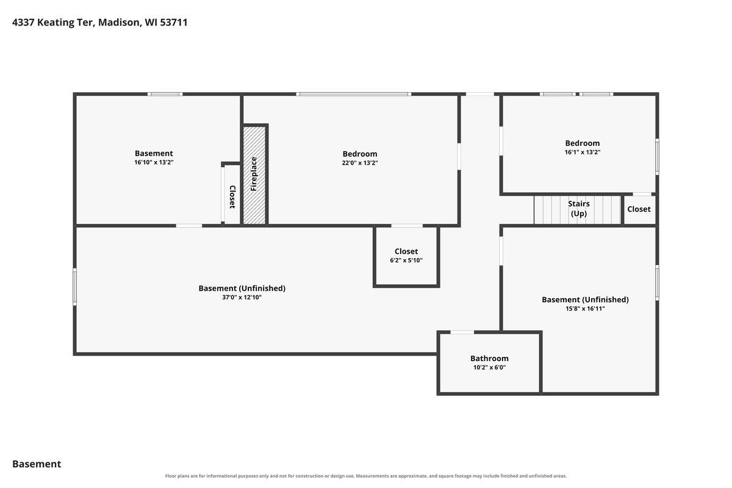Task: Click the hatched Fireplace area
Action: tap(254, 175)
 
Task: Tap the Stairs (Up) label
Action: tap(578, 209)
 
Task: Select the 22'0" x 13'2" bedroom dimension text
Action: tap(360, 163)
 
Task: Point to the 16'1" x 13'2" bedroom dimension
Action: tap(583, 152)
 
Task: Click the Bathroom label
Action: tap(489, 358)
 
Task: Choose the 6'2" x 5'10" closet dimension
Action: tap(406, 260)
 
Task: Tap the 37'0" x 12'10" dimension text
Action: tap(242, 297)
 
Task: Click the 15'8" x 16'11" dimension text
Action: tap(585, 309)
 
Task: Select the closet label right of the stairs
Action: tap(639, 209)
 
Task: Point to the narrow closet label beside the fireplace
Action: tap(232, 197)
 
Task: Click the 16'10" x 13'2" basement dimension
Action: tap(154, 162)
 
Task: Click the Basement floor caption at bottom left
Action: tap(37, 464)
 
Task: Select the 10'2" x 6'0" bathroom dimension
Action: tap(489, 367)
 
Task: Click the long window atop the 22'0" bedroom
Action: tap(354, 94)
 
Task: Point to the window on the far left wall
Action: tap(75, 287)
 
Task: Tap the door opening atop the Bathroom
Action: tap(462, 332)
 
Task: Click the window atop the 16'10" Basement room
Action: tap(165, 94)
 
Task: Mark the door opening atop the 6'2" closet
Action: tap(407, 226)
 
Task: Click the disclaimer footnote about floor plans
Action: tap(365, 476)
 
